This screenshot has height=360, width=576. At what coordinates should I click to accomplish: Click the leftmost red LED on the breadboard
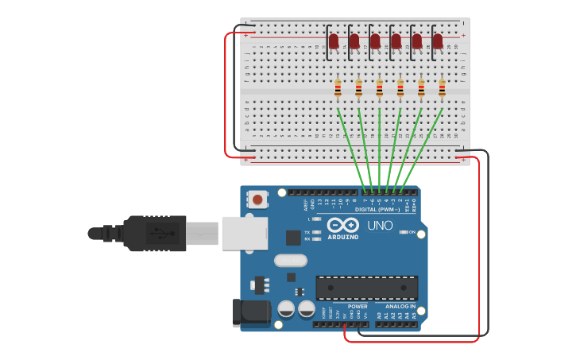point(334,41)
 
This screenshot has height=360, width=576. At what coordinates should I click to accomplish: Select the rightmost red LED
point(438,41)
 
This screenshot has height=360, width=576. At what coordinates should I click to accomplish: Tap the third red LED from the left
point(375,41)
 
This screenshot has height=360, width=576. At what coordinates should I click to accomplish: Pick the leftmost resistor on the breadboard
point(338,87)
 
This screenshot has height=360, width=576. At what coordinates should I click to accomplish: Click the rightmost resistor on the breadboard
point(442,87)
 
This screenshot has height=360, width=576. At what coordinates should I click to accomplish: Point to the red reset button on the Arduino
point(257,198)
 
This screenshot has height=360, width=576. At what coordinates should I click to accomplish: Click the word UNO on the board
point(380,226)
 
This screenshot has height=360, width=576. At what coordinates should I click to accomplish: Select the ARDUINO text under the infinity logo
point(343,237)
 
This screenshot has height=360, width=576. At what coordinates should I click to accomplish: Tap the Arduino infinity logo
point(343,225)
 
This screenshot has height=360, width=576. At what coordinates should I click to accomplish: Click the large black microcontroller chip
point(367,288)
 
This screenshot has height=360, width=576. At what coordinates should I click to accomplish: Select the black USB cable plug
point(156,233)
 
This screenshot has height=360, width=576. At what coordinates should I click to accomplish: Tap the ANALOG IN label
point(400,306)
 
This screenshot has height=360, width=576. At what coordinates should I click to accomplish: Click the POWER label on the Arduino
point(358,306)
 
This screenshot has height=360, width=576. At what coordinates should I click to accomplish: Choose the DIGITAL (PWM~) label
point(383,209)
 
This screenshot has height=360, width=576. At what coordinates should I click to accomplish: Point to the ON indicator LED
point(404,232)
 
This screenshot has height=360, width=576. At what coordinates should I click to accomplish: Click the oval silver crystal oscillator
point(290,260)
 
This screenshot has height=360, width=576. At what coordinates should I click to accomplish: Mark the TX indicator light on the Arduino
point(317,232)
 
